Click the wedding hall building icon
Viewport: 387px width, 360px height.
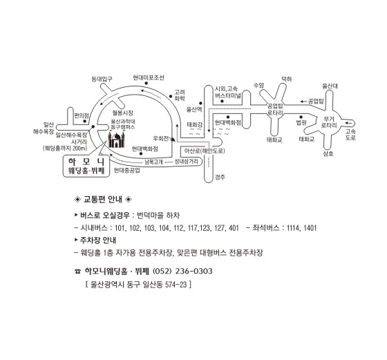point(116,140)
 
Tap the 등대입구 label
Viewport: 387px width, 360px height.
point(102,79)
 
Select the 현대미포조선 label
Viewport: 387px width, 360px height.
point(149,77)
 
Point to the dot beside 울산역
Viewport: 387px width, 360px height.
point(200,103)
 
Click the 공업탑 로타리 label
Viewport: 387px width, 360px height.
point(275,110)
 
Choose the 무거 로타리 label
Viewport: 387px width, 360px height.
point(329,122)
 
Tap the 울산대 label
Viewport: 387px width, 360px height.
point(330,86)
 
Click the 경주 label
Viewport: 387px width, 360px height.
point(220,177)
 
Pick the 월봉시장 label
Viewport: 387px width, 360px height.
point(123,113)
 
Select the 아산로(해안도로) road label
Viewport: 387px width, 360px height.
point(205,151)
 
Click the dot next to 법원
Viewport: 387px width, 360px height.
point(301,117)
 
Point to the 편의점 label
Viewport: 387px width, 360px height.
point(82,115)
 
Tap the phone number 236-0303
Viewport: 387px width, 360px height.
point(193,271)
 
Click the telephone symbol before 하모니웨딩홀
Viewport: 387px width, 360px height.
point(77,272)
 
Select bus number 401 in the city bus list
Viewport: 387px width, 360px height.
point(234,228)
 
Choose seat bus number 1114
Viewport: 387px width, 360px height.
point(293,228)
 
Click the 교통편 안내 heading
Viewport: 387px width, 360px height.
point(103,199)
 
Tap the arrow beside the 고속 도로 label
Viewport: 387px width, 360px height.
point(348,123)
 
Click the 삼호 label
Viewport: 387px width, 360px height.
point(328,153)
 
